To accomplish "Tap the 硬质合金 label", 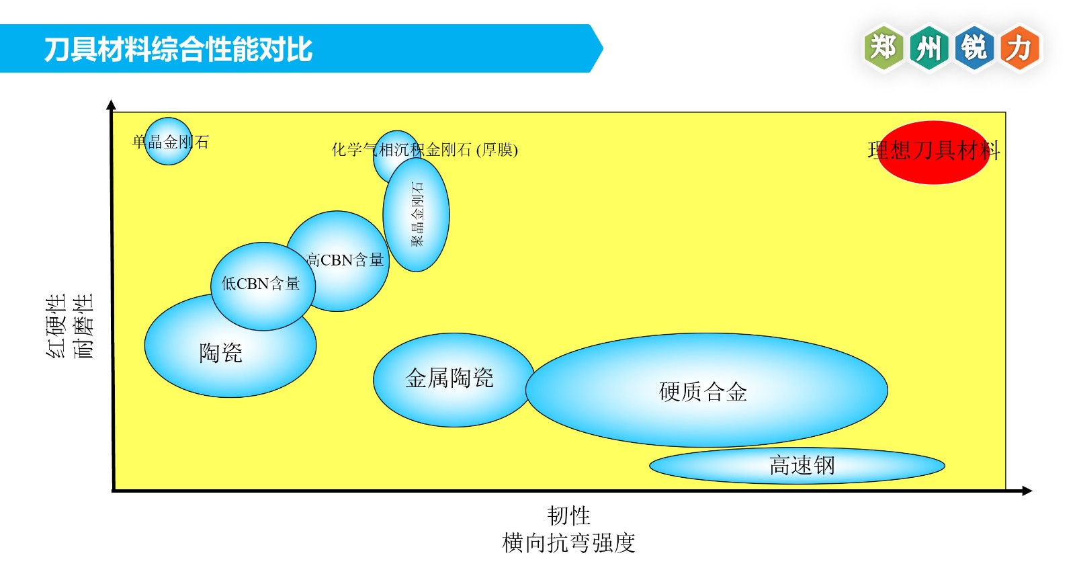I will pos(703,391).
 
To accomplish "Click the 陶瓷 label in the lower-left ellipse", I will pos(220,353).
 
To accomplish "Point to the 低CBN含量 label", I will pos(261,284).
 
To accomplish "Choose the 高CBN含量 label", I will pos(345,259).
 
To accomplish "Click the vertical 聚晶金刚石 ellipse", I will pos(417,215).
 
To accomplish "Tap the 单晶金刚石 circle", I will pos(168,141).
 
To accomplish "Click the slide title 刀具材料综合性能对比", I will pos(178,49).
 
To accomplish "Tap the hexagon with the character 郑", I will pos(883,48).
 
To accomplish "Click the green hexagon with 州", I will pos(929,48).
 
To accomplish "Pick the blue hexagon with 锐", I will pos(974,48).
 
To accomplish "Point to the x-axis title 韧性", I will pos(568,515).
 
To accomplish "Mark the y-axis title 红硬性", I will pos(56,326).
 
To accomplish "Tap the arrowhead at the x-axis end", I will pos(1027,491).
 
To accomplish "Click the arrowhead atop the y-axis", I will pos(112,104).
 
